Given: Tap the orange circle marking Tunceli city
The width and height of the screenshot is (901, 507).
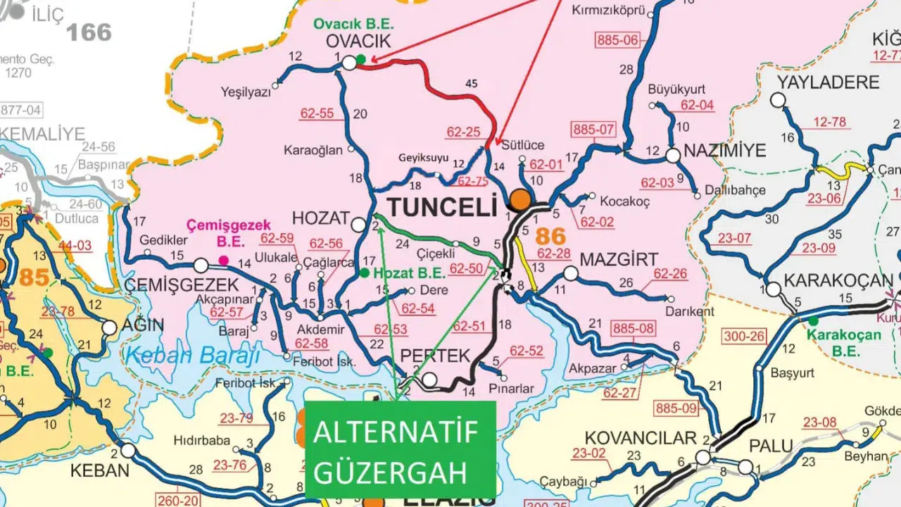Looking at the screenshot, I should [x=521, y=199].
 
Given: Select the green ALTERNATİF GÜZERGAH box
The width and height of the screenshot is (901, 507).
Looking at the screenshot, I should [x=400, y=449].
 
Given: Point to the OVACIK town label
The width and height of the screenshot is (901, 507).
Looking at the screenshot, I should [x=358, y=42].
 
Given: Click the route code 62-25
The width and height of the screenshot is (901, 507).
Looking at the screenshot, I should [x=463, y=132].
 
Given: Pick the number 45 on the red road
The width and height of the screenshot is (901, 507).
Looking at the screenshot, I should [x=472, y=84].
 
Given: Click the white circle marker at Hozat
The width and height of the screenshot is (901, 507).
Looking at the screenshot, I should [x=358, y=225].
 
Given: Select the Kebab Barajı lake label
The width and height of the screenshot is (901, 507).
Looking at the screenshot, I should [x=189, y=354].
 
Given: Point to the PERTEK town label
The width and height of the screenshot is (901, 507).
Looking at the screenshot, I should [x=434, y=356].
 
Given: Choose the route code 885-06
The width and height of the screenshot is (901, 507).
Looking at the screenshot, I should [x=617, y=40].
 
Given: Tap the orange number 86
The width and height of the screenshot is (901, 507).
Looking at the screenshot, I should [x=551, y=235].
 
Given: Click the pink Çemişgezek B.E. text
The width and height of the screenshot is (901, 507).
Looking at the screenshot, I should [x=228, y=232].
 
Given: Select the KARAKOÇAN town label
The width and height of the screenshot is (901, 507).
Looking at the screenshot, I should [x=838, y=280].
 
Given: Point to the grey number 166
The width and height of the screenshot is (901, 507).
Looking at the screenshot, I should [x=89, y=32].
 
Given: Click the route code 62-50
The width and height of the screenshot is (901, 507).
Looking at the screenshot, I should [x=467, y=268].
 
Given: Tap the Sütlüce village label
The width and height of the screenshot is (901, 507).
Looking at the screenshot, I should [x=523, y=145].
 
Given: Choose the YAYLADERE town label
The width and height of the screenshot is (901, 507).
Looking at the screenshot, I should [x=828, y=82].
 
